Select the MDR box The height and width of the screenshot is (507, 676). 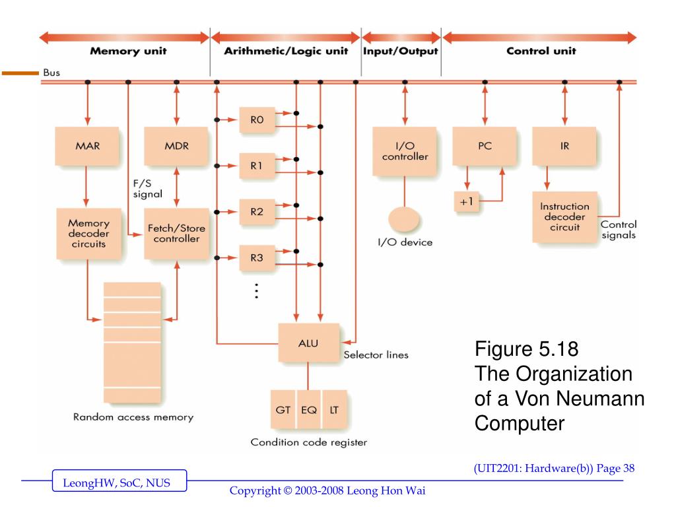(x=176, y=147)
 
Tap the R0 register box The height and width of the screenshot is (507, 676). (x=257, y=119)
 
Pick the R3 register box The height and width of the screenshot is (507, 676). (x=257, y=258)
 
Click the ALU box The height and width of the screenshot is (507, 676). (x=308, y=342)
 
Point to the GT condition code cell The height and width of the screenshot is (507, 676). (x=283, y=409)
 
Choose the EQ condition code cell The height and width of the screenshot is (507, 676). (x=308, y=409)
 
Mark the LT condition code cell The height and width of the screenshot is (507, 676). (x=334, y=409)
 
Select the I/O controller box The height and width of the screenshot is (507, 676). (x=404, y=151)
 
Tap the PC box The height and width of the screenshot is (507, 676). (x=485, y=147)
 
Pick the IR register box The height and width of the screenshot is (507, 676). (x=564, y=147)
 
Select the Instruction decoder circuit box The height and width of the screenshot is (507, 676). (x=564, y=217)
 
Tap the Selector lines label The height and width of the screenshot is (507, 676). (x=376, y=355)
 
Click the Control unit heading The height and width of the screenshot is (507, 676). (x=541, y=51)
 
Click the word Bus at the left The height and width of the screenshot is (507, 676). (x=51, y=72)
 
